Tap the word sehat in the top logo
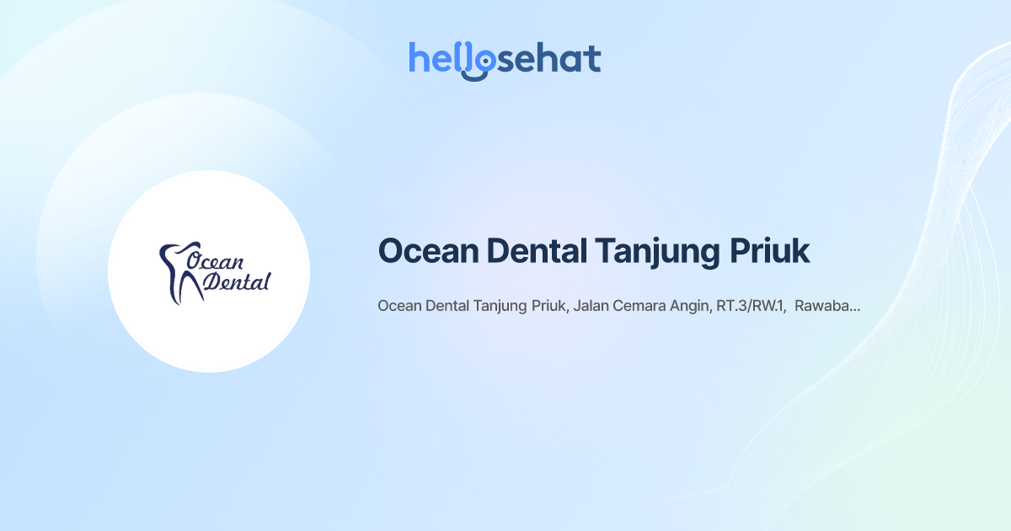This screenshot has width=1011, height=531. (548, 59)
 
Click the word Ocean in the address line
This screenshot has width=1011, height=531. (399, 306)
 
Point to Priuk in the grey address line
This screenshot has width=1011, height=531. (550, 306)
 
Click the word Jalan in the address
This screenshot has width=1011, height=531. (591, 307)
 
